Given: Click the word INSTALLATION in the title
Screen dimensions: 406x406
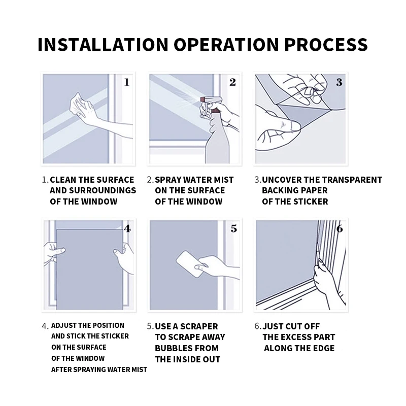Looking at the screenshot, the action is pyautogui.click(x=103, y=45).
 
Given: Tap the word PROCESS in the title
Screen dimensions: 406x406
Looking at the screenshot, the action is pyautogui.click(x=326, y=45).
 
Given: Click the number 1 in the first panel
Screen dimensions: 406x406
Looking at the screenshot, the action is pyautogui.click(x=126, y=82).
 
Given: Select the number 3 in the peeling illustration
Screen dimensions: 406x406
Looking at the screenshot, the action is pyautogui.click(x=339, y=82).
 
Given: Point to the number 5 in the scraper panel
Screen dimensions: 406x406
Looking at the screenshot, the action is pyautogui.click(x=233, y=228).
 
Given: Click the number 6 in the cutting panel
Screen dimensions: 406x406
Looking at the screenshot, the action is pyautogui.click(x=340, y=228).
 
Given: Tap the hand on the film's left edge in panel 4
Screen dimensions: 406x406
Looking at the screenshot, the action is pyautogui.click(x=54, y=253).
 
